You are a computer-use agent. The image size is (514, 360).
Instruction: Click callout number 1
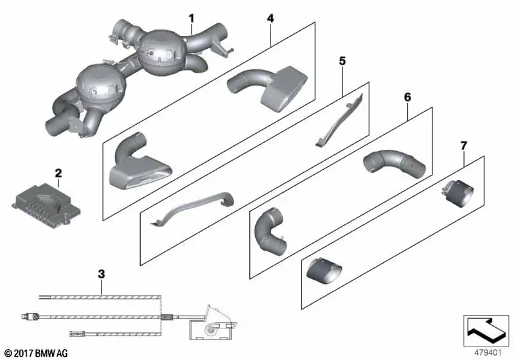point(191,19)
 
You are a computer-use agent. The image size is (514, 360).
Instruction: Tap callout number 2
point(58,173)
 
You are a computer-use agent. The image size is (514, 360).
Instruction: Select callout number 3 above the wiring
point(102,274)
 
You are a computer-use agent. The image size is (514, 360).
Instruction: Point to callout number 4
point(270,19)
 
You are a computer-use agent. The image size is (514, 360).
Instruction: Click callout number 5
point(342,60)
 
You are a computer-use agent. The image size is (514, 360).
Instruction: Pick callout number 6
point(407,97)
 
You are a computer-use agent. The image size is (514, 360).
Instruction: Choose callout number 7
point(463,145)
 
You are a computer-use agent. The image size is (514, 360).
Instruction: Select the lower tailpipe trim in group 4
point(137,164)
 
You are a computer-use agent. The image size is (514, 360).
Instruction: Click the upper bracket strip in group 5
point(339,121)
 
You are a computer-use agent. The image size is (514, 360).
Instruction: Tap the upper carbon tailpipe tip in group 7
point(458,194)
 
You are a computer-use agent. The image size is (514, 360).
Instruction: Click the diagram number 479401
point(488,353)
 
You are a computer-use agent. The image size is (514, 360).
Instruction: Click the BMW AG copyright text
point(37,354)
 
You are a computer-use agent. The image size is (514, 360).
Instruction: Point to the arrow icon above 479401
point(486,330)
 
